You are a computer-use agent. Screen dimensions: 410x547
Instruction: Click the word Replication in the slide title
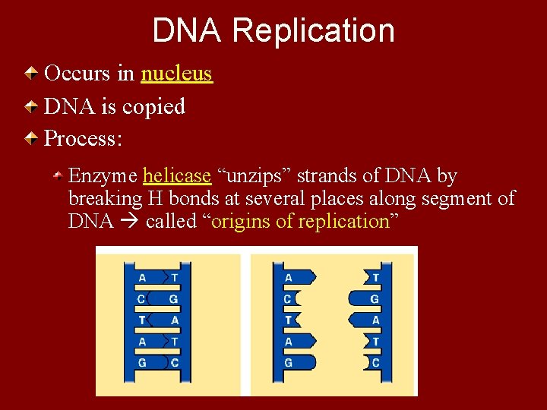[x=314, y=31]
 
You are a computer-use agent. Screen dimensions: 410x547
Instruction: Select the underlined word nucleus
[x=176, y=74]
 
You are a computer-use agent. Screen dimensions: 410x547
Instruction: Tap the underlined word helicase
[x=176, y=176]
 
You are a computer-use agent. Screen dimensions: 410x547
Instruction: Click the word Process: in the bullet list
[x=84, y=139]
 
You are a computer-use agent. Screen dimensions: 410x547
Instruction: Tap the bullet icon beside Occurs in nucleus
[x=30, y=74]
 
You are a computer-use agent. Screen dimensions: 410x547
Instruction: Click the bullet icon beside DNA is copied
[x=30, y=107]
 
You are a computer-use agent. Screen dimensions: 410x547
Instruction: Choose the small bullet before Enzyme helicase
[x=58, y=176]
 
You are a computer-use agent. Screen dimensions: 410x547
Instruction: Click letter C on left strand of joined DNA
[x=142, y=299]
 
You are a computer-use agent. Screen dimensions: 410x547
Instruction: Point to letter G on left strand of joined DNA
[x=142, y=363]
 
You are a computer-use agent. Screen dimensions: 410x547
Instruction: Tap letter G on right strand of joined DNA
[x=174, y=299]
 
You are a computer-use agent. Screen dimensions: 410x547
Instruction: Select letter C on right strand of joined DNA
[x=175, y=363]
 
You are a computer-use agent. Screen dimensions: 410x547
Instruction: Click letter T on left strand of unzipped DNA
[x=288, y=320]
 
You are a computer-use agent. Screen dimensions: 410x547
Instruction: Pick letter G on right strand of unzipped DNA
[x=375, y=299]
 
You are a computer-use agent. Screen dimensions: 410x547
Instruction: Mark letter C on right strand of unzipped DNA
[x=375, y=363]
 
